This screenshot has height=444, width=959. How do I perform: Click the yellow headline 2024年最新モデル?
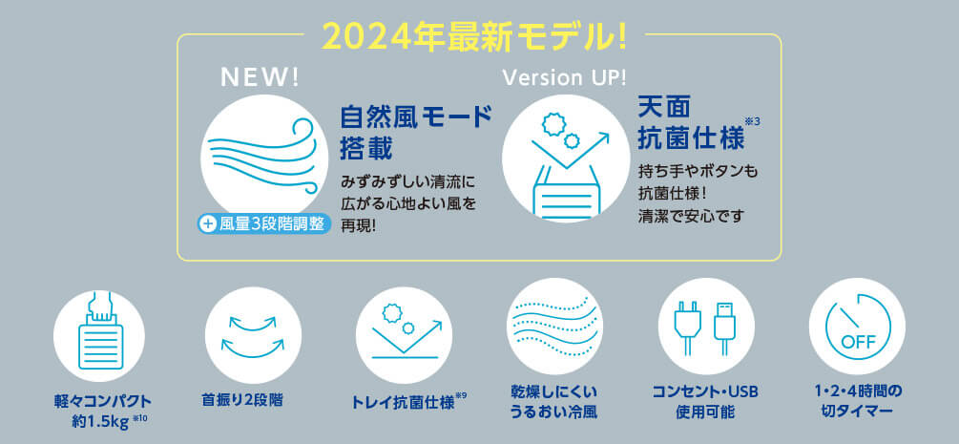(474, 38)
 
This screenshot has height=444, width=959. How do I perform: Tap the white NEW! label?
(260, 77)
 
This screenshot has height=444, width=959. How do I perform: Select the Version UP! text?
(563, 77)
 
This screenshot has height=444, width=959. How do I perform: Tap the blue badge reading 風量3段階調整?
(264, 223)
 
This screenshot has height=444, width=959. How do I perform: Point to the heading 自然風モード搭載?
(416, 132)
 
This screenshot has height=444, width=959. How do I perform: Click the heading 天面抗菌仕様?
(691, 123)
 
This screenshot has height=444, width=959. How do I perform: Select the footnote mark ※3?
(754, 120)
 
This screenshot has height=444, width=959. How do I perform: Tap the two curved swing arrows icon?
(253, 337)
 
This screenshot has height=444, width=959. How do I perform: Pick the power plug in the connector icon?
(684, 328)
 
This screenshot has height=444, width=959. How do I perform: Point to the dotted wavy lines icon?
(554, 326)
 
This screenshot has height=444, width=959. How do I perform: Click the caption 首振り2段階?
(242, 400)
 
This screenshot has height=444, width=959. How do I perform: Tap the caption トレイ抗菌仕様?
(404, 402)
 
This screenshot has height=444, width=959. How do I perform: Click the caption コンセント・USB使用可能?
(705, 401)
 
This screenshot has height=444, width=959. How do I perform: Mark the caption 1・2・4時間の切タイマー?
(858, 401)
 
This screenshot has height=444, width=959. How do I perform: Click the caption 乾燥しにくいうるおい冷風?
(554, 401)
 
